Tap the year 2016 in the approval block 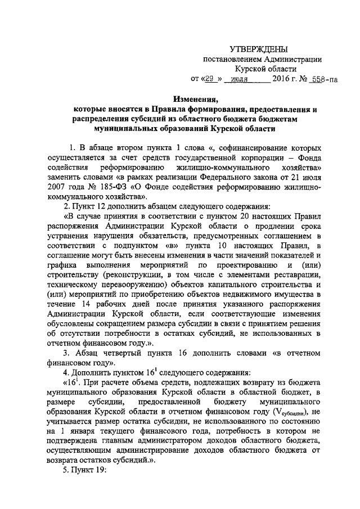click(x=283, y=79)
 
